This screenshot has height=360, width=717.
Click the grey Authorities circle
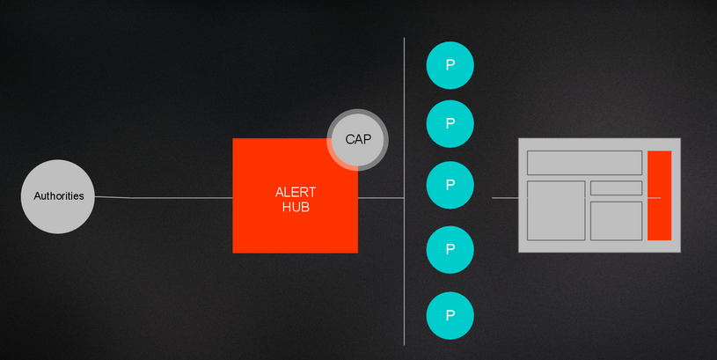coord(58,196)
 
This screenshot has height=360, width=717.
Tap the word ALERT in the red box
coord(295,193)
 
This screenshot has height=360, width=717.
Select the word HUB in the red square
coord(295,208)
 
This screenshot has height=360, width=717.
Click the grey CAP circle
coord(358,139)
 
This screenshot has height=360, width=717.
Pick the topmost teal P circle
coord(450,65)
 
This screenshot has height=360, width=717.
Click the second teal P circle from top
coord(450,123)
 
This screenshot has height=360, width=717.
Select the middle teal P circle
coord(450,185)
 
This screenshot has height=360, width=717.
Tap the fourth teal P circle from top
coord(450,250)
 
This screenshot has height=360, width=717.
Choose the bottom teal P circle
coord(450,315)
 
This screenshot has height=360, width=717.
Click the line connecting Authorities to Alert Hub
coord(167,198)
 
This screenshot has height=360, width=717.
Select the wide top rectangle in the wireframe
coord(583,163)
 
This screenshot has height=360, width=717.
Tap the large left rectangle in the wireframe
coord(556,210)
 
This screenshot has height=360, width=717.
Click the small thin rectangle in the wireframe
coord(616,187)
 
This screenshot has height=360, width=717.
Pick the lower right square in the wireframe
coord(616,220)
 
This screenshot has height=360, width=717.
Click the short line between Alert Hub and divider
coord(381,198)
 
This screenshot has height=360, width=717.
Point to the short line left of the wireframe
coord(505,198)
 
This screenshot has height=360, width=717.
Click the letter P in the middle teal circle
coord(450,185)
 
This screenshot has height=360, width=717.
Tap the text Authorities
coord(58,196)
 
